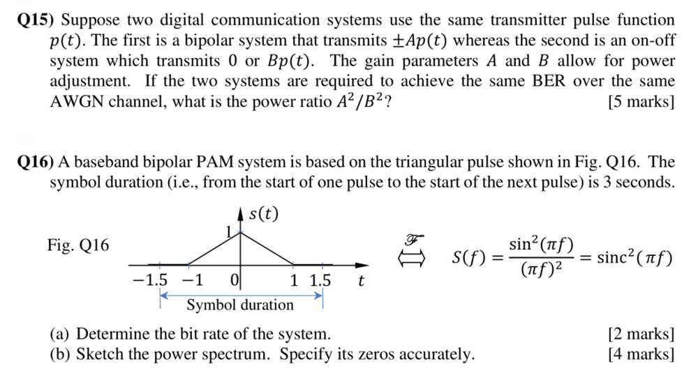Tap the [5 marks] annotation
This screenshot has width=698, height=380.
pos(641,102)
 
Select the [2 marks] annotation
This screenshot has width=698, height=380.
pos(641,333)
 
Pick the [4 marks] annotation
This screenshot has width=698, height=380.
pos(641,354)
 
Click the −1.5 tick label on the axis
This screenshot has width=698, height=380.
pos(150,281)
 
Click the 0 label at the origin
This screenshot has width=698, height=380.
pos(234,281)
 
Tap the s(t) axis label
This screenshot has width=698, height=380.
pos(262,213)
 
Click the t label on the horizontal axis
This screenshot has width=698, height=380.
pos(360,282)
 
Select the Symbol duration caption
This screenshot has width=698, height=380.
pos(240,305)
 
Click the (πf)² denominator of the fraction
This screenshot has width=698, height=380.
pos(541,268)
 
